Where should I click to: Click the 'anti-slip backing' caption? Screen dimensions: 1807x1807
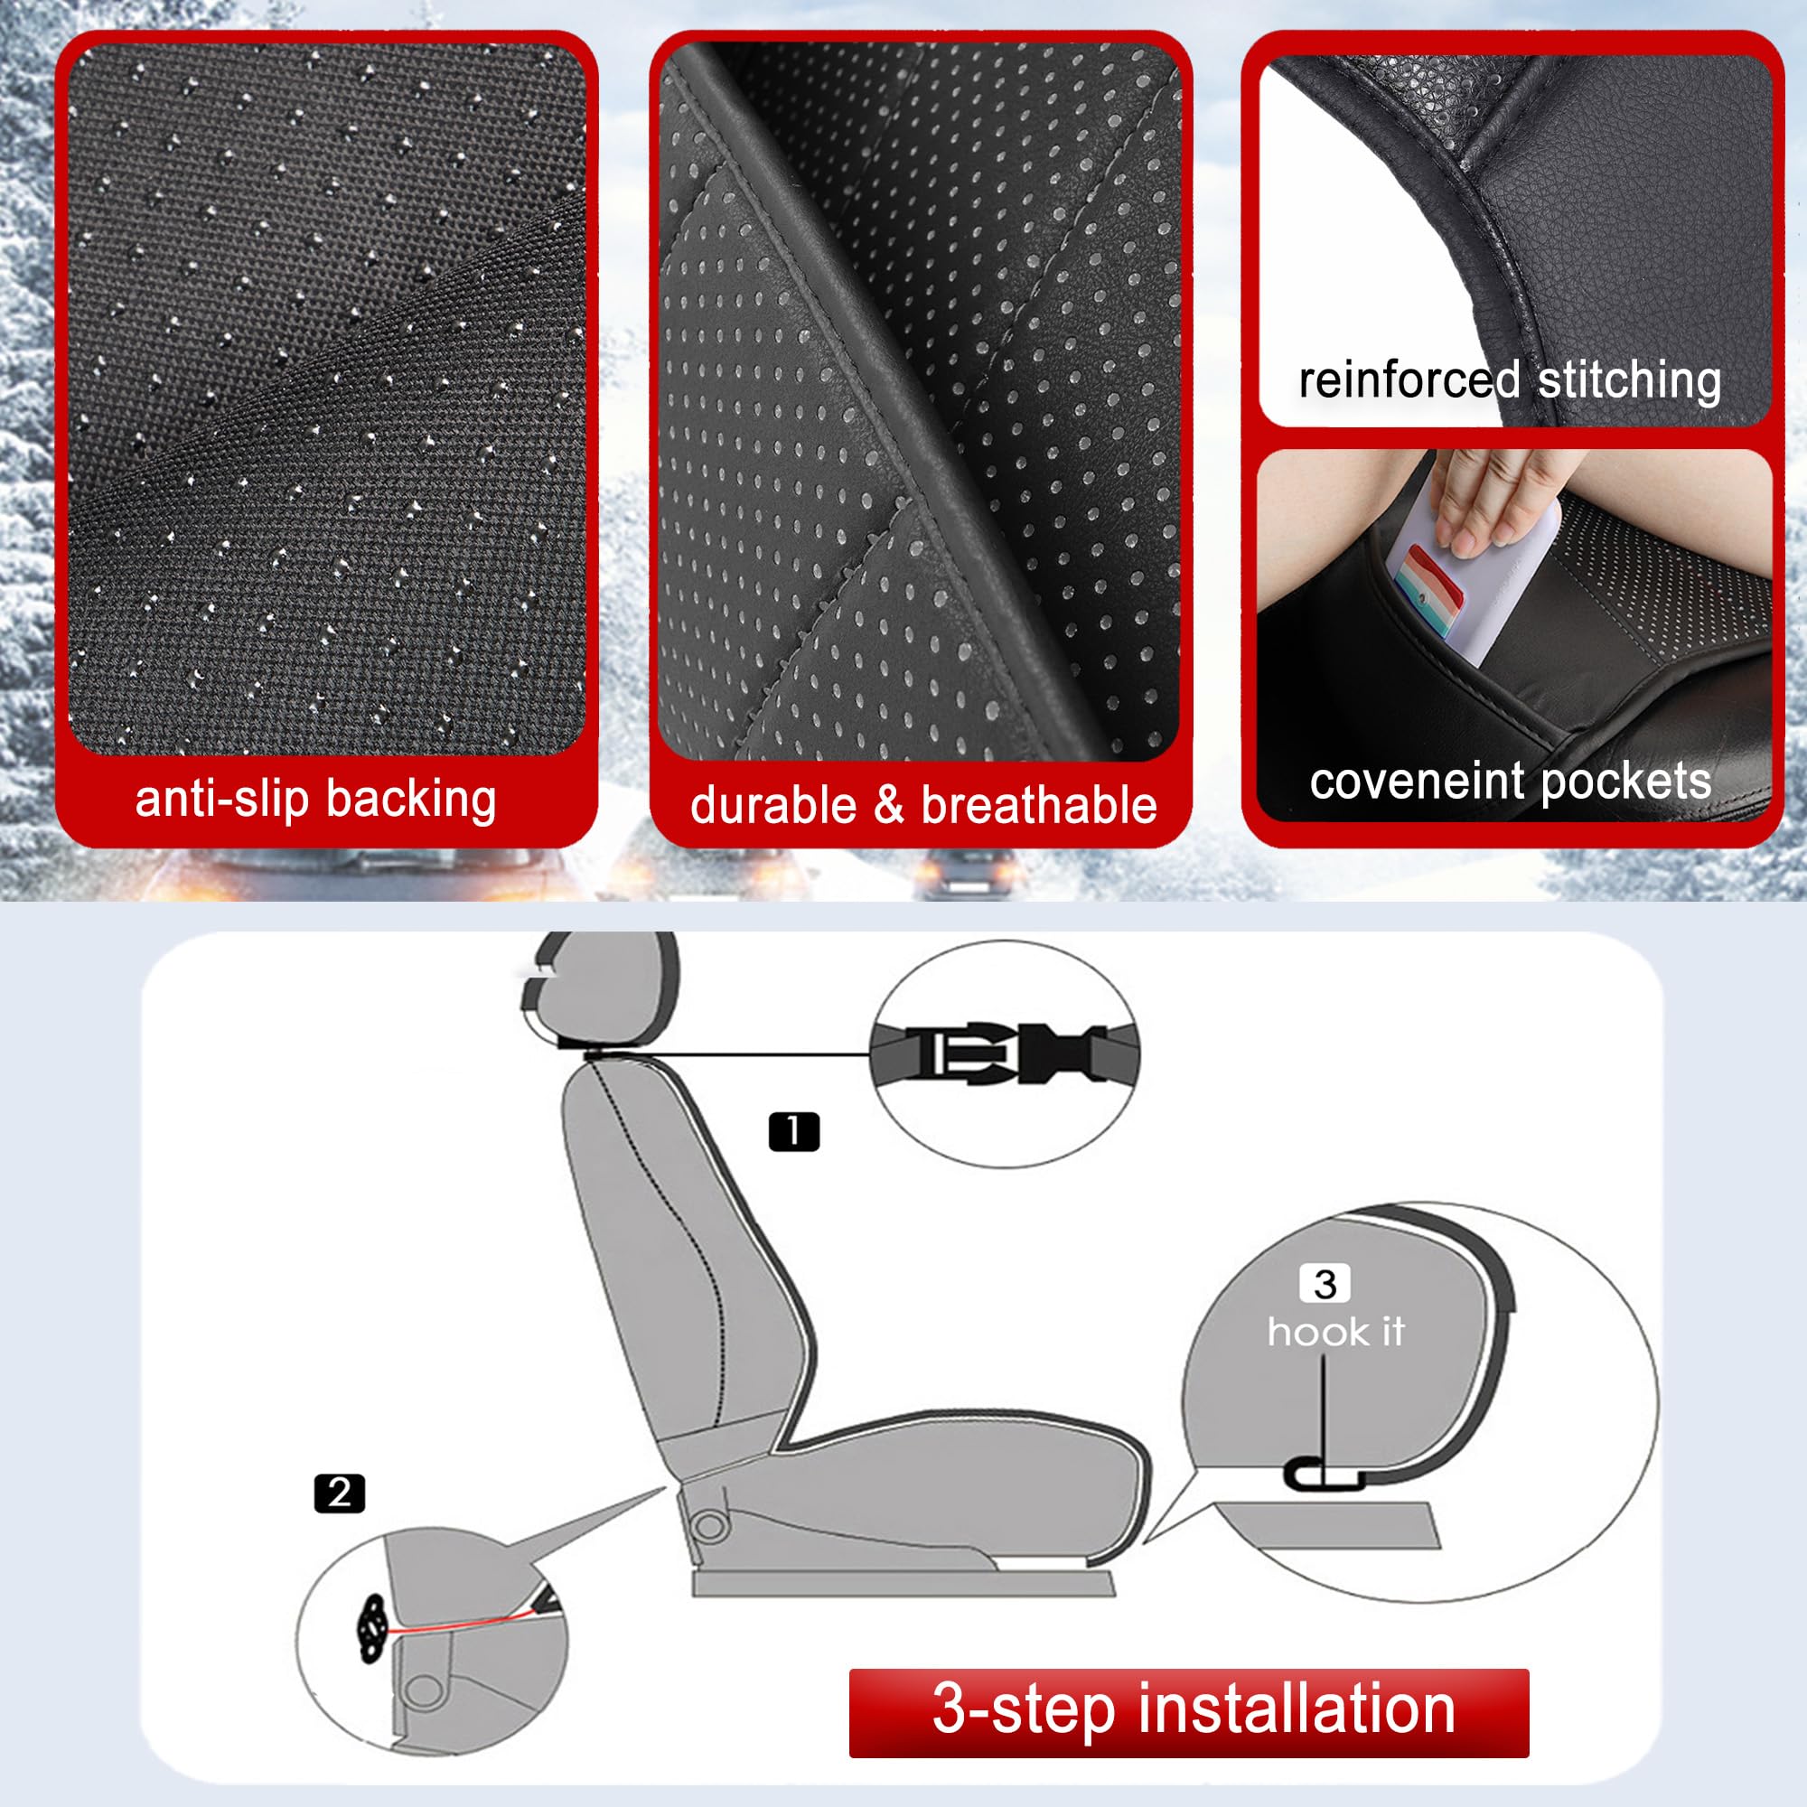point(315,801)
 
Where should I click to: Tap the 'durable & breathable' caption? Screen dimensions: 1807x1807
point(923,806)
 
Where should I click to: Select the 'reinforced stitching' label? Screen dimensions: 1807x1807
point(1510,380)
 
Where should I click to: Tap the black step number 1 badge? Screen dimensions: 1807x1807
point(793,1132)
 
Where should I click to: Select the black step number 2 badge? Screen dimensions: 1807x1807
point(340,1493)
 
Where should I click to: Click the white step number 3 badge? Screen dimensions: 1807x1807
point(1325,1284)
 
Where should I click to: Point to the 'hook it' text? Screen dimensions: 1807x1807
point(1335,1332)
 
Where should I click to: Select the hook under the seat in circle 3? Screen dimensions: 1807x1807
point(1321,1476)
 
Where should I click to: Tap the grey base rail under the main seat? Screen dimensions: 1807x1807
point(903,1584)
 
